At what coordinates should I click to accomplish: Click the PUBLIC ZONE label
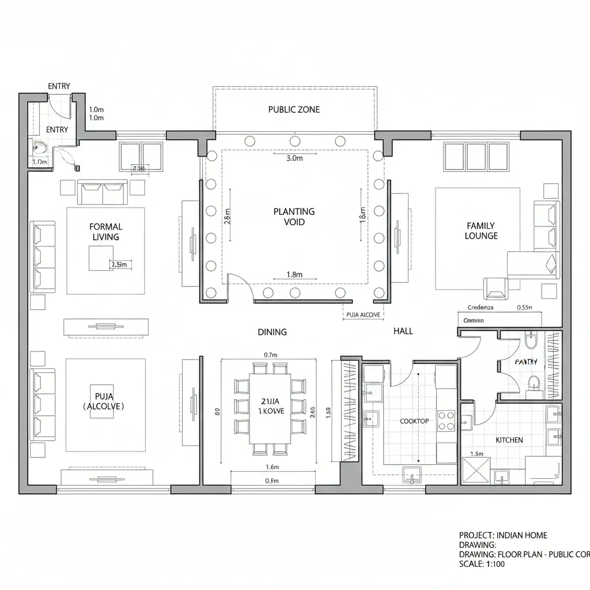coord(294,109)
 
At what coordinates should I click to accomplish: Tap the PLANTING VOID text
coord(294,217)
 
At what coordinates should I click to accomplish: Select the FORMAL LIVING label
coord(105,232)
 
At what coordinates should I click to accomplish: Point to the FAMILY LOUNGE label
coord(481,231)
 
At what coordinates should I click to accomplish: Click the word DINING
coord(272,332)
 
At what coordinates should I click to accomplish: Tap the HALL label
coord(403,331)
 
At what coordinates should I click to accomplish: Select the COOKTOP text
coord(414,421)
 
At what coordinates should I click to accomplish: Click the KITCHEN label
coord(509,440)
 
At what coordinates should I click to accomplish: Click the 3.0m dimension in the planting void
coord(294,159)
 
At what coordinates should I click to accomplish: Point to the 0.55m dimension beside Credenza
coord(524,308)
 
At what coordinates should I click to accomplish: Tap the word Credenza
coord(481,308)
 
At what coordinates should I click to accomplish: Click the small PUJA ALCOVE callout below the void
coord(363,315)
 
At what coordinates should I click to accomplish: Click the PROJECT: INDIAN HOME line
coord(503,535)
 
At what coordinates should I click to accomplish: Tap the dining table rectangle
coord(270,409)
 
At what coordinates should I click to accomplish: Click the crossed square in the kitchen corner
coord(476,471)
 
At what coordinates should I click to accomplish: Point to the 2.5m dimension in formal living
coord(119,264)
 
